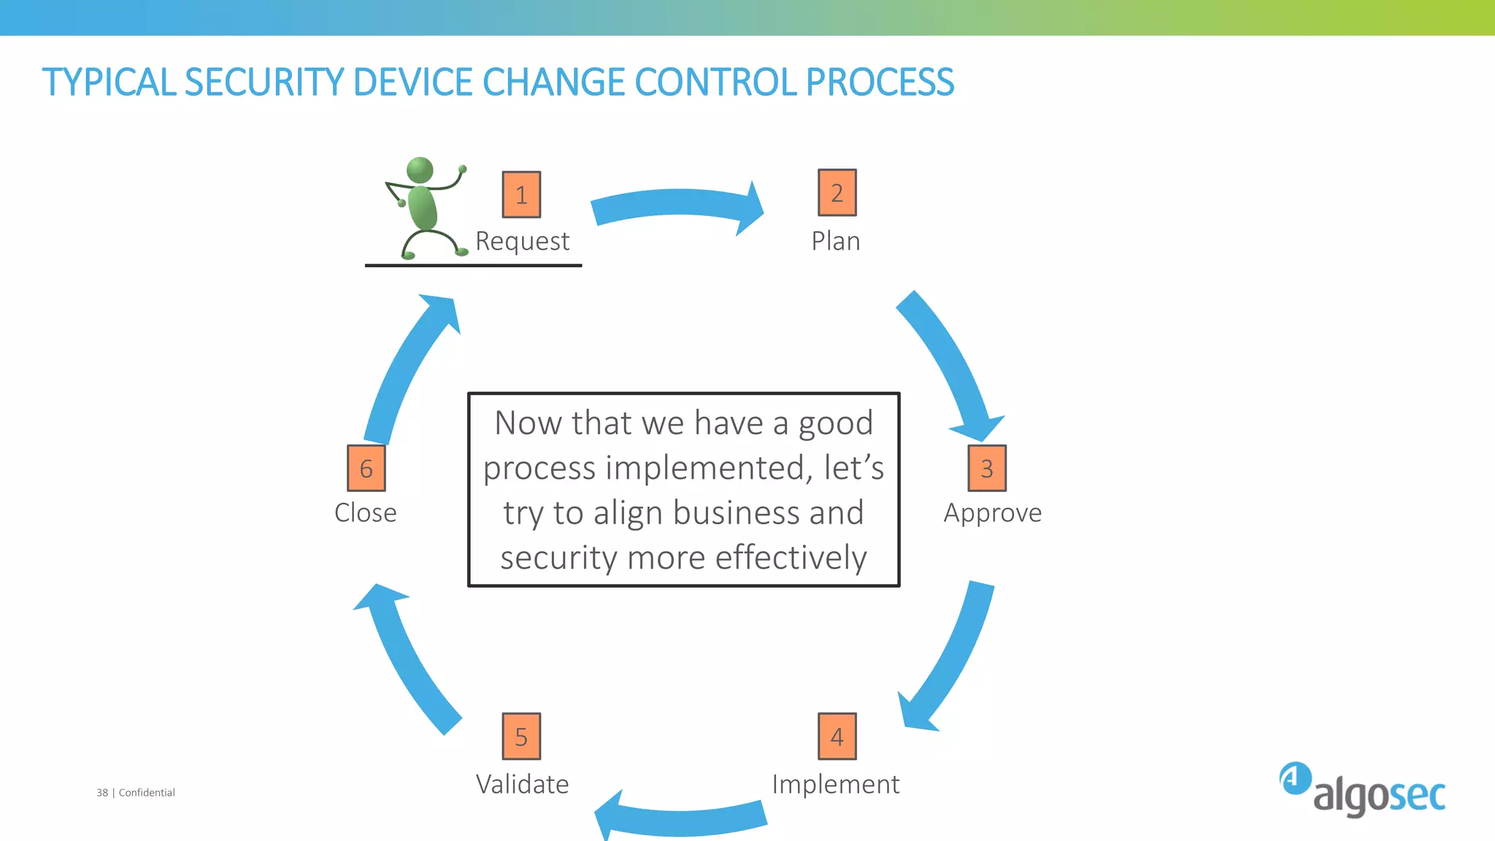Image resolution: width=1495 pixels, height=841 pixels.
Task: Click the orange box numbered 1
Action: click(x=521, y=195)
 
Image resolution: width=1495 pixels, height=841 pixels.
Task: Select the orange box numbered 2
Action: click(x=837, y=193)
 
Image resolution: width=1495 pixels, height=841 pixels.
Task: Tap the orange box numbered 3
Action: click(x=987, y=468)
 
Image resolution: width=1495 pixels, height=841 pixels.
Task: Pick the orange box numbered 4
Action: click(x=837, y=737)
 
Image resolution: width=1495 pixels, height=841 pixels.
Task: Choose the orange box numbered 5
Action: click(x=521, y=737)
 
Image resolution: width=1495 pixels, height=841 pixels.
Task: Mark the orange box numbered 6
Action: click(x=366, y=468)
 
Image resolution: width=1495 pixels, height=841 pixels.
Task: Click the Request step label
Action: click(x=522, y=242)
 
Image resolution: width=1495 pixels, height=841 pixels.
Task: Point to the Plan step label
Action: click(x=836, y=241)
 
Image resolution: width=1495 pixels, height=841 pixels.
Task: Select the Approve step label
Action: click(x=992, y=513)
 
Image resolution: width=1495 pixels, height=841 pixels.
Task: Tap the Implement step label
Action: click(x=835, y=785)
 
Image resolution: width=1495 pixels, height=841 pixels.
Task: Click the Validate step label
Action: click(x=522, y=785)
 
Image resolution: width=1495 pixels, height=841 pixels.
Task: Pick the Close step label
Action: click(x=365, y=512)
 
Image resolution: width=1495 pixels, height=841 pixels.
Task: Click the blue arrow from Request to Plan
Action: click(x=675, y=206)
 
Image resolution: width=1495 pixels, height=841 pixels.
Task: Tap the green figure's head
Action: click(x=420, y=171)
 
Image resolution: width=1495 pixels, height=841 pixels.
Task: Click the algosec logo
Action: click(x=1362, y=790)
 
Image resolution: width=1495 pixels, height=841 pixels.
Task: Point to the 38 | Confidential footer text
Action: click(x=136, y=793)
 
